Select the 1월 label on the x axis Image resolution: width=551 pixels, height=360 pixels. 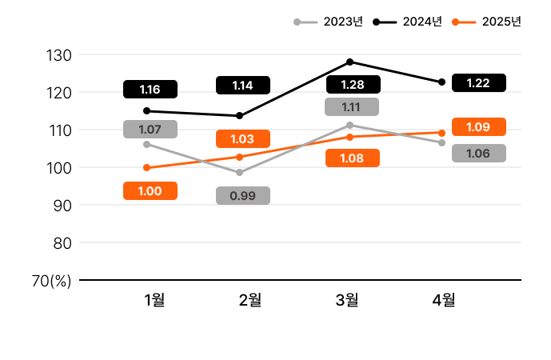point(154,300)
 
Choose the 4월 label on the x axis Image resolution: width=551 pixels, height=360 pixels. point(443,300)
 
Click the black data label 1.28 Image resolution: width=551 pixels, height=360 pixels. point(352,84)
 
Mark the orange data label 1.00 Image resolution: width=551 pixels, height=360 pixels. point(150,190)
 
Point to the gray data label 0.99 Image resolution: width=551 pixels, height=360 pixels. point(242,195)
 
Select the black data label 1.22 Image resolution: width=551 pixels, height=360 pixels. point(478,82)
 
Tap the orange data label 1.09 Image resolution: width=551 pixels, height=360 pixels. point(478,126)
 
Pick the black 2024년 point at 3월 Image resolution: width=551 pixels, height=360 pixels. point(350,62)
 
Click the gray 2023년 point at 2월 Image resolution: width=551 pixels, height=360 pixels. point(239,173)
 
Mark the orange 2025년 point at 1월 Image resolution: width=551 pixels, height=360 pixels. point(146,168)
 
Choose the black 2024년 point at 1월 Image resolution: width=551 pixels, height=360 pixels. point(146,111)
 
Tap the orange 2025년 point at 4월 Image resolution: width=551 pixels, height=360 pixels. point(442,133)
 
